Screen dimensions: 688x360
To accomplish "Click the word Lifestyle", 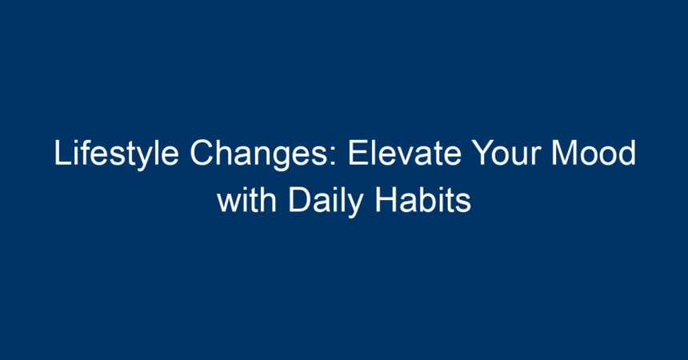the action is [x=116, y=154].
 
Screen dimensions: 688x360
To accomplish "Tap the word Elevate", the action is [x=405, y=152].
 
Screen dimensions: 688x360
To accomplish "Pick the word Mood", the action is [x=594, y=152].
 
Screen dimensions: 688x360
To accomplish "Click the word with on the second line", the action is [x=246, y=200].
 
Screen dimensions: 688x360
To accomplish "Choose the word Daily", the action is [x=326, y=201].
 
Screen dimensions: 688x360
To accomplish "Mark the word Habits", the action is [x=423, y=200].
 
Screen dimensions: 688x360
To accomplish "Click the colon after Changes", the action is [x=334, y=156].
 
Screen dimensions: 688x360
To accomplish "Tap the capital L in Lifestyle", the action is [x=62, y=152].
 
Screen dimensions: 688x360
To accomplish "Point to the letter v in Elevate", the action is [x=397, y=156].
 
